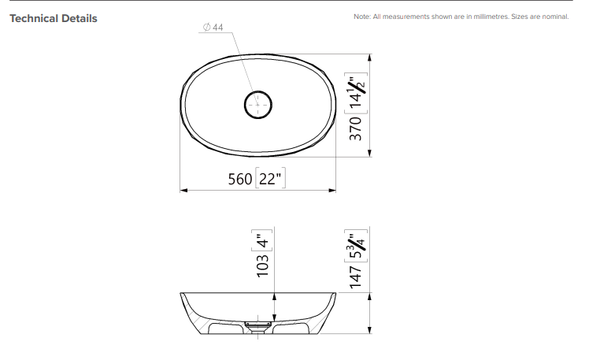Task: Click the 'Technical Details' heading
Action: pos(54,18)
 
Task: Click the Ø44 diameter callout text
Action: pos(213,28)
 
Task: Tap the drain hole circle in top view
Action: pos(257,104)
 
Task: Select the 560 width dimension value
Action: pos(239,179)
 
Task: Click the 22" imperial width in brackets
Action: pos(270,179)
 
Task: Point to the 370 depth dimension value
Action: pos(355,128)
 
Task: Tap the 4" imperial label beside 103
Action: pos(263,237)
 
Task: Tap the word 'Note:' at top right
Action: pos(363,17)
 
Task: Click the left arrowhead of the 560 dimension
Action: pos(184,190)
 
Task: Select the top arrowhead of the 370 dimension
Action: pos(370,58)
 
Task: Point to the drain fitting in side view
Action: pos(258,323)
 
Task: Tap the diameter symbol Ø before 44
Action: pos(206,28)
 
